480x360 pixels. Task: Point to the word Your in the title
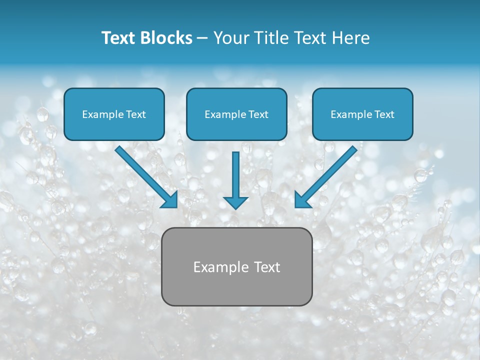point(228,38)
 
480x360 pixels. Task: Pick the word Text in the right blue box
point(384,114)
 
